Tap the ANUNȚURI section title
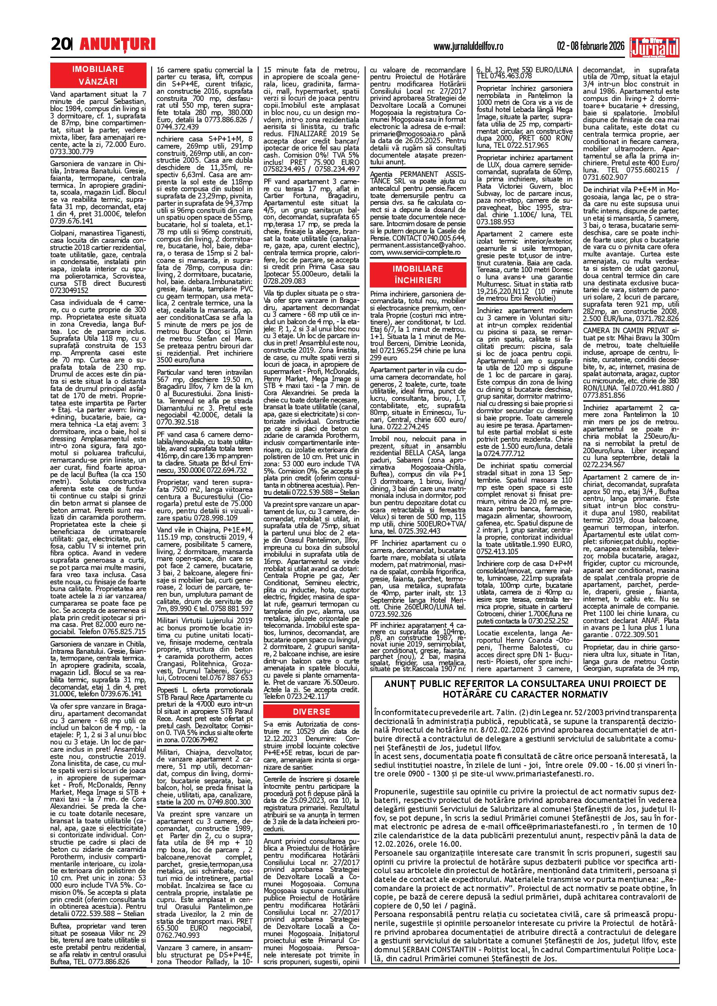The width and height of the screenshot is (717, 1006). (118, 44)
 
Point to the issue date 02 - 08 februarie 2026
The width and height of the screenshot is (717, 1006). (593, 46)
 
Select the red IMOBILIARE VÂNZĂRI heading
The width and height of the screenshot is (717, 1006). (98, 75)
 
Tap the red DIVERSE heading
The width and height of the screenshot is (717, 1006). (311, 711)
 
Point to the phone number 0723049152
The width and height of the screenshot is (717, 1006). (70, 290)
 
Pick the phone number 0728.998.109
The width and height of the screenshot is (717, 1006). (215, 517)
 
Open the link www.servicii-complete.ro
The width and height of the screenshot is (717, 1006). (423, 252)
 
